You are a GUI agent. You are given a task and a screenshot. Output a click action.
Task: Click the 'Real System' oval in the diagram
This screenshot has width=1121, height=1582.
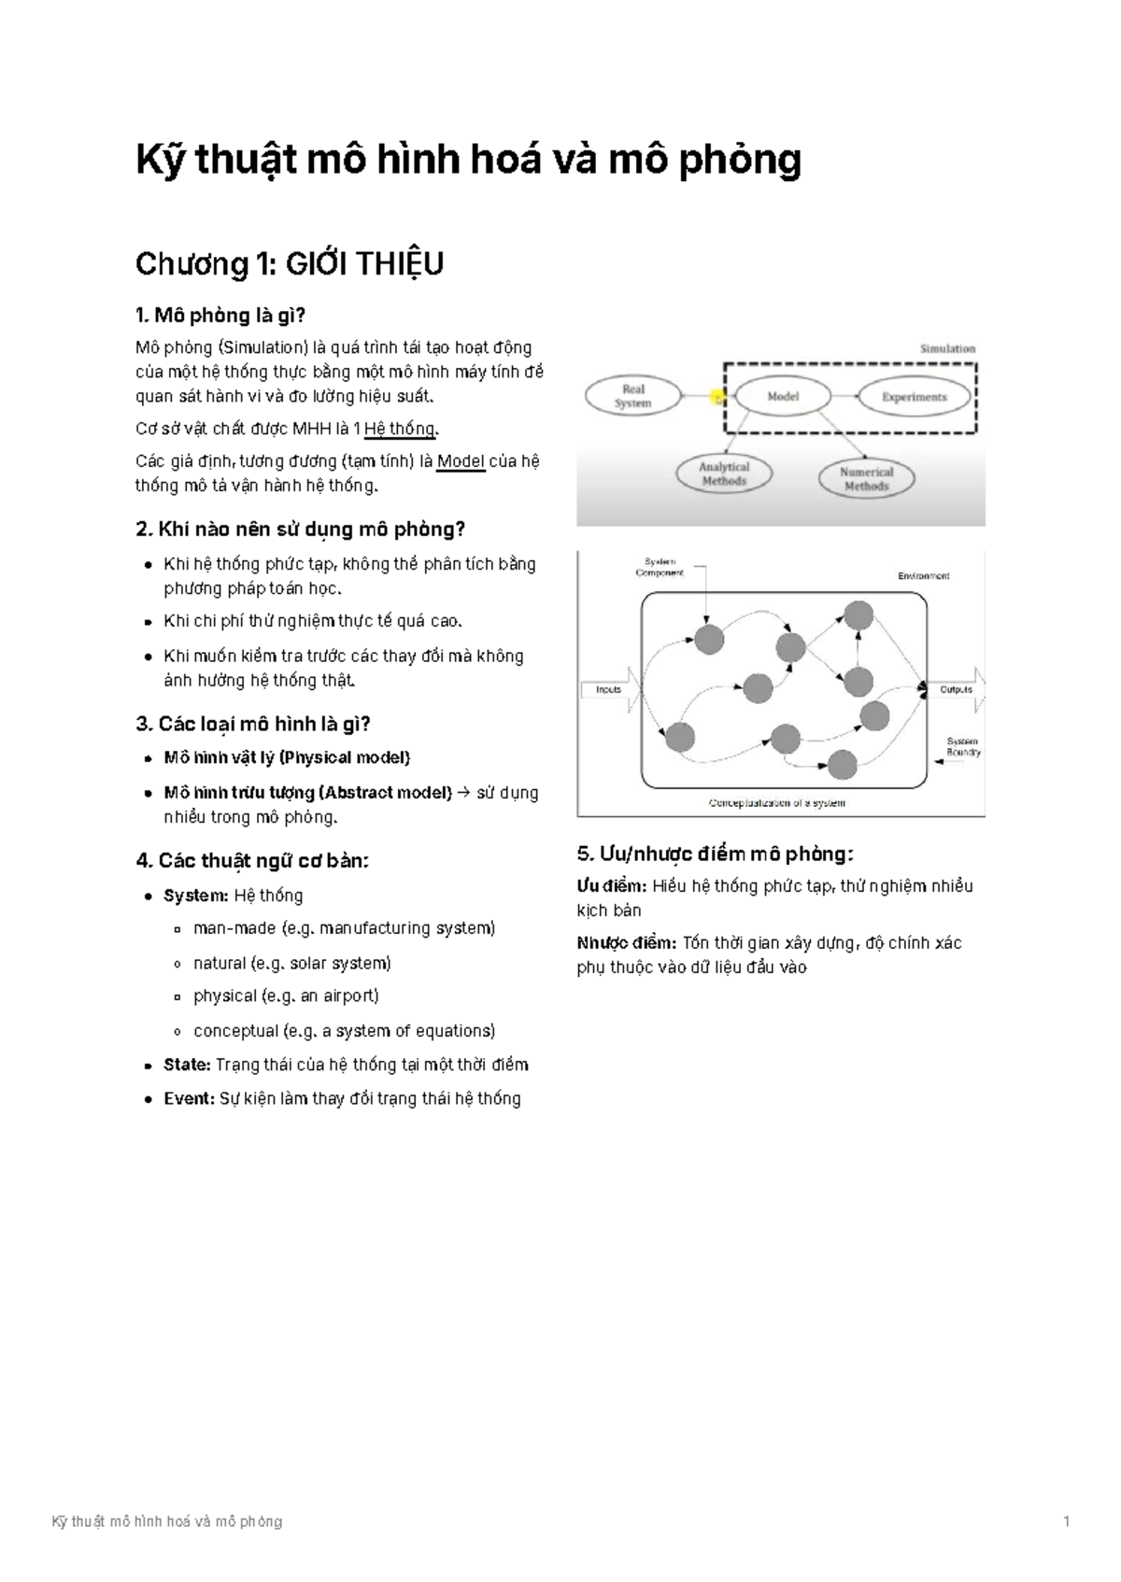coord(633,396)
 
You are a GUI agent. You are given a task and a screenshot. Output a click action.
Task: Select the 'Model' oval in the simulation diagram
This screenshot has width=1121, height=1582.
coord(783,396)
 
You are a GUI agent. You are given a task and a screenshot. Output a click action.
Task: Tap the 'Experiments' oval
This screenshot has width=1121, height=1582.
coord(914,396)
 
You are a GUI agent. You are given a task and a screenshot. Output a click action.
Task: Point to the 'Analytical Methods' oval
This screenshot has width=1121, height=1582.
coord(724,473)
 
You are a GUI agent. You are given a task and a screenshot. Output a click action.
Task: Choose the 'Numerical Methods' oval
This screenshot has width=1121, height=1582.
coord(866,479)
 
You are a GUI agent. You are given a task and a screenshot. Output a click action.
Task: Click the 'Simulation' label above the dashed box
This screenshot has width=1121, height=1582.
coord(947,348)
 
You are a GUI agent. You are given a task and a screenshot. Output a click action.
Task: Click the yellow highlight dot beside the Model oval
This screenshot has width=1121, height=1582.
coord(717,398)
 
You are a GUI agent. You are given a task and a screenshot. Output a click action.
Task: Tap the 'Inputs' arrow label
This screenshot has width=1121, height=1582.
coord(608,689)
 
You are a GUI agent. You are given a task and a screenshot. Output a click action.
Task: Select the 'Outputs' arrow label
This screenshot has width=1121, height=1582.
coord(956,689)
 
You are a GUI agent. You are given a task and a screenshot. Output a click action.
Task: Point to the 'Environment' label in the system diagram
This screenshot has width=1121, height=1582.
coord(923,575)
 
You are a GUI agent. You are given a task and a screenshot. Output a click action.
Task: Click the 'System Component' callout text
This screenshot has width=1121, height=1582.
coord(660,567)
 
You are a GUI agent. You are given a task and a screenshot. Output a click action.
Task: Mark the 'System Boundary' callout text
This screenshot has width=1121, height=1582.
coord(963,746)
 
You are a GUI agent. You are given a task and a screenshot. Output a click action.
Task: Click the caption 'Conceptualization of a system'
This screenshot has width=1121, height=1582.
coord(777,802)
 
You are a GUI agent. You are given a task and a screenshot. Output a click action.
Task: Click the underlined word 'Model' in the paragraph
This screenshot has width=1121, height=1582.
coord(461,462)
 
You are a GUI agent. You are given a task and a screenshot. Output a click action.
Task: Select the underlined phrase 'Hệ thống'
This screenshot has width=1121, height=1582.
coord(400,429)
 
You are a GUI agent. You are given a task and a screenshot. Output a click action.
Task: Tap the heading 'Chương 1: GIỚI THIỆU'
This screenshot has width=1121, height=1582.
coord(290,264)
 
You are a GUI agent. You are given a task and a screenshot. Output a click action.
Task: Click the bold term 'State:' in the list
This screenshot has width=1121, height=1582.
coord(187,1065)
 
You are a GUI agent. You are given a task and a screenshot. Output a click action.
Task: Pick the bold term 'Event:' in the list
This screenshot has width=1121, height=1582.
coord(190,1098)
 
